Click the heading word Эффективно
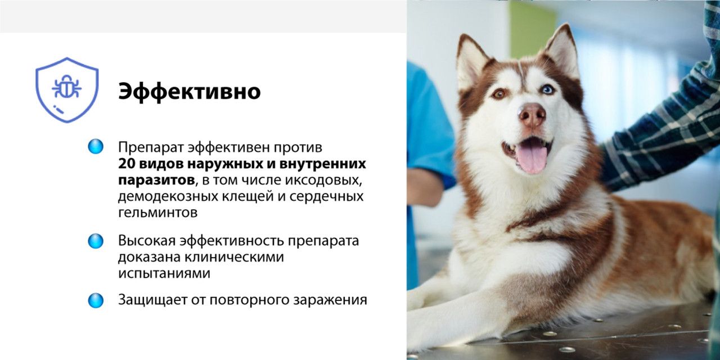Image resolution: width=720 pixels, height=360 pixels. tap(189, 92)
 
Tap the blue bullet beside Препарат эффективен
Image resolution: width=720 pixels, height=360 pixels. tap(96, 147)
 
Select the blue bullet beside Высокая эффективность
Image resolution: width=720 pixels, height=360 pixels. tap(96, 241)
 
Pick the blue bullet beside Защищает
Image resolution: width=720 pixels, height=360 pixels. tap(96, 300)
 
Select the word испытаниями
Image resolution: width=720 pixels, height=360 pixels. tap(164, 273)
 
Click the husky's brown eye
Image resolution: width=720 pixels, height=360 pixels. tap(498, 93)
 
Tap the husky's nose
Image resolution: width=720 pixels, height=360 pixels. tap(532, 115)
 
